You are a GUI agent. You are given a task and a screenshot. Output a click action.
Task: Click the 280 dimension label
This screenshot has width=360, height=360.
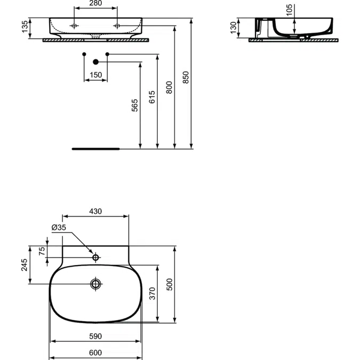point(95,3)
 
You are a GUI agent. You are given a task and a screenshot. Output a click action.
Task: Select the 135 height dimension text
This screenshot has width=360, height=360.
point(25,27)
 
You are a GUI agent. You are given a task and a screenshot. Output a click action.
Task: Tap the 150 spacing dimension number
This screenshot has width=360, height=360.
point(95,75)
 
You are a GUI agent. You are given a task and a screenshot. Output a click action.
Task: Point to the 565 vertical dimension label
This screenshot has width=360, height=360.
point(135,106)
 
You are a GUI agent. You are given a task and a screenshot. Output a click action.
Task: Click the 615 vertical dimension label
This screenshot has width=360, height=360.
point(152,97)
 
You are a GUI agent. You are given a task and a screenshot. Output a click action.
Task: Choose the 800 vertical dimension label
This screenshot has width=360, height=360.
point(169,87)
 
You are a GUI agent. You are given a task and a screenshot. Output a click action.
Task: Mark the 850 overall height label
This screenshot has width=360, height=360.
point(186,77)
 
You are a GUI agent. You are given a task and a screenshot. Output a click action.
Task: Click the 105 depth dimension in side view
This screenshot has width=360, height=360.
point(289,10)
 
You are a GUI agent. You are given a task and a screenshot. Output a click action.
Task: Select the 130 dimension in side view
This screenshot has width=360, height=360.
point(233,28)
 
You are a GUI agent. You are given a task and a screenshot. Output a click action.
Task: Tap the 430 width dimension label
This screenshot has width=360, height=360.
point(95,211)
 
